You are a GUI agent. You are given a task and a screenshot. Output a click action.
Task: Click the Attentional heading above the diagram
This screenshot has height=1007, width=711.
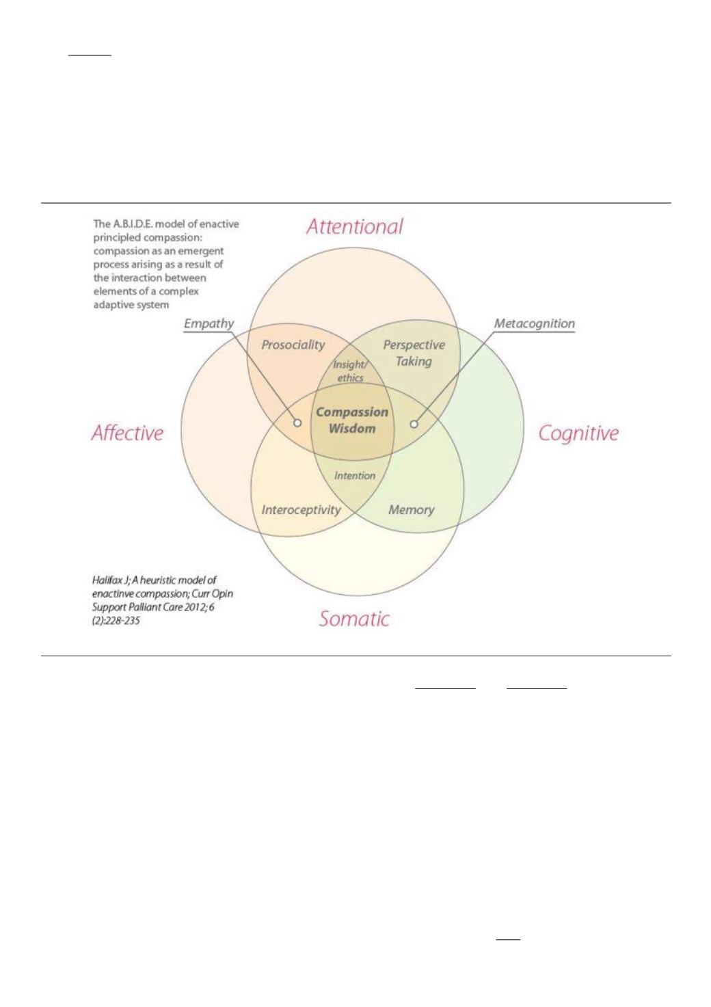click(x=355, y=226)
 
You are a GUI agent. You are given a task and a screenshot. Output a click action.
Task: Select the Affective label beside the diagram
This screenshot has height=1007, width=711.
click(x=127, y=433)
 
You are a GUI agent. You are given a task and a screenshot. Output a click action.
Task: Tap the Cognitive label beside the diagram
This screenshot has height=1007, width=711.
click(x=578, y=434)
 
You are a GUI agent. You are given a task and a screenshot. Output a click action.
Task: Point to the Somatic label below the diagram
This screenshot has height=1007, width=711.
click(x=354, y=619)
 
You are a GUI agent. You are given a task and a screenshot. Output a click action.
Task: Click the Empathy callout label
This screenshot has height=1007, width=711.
click(x=209, y=323)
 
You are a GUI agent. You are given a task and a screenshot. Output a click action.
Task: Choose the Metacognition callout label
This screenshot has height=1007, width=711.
click(x=535, y=323)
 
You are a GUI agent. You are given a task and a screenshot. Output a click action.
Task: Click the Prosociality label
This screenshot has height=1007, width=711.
click(x=293, y=345)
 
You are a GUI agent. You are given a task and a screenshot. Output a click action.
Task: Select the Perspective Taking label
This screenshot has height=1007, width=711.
click(x=414, y=353)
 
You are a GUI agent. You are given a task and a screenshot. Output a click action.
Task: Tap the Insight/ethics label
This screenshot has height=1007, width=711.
click(x=350, y=371)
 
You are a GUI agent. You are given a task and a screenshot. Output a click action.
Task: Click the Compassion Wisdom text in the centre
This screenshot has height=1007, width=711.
click(x=352, y=420)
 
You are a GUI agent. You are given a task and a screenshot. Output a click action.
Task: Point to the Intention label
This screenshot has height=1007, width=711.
click(x=355, y=476)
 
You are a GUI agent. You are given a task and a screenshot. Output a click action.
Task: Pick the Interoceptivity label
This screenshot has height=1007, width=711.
click(x=301, y=510)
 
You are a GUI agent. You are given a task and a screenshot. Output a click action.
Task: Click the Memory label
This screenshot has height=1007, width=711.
click(x=412, y=510)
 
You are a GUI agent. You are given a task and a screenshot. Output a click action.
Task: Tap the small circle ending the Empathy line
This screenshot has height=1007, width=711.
click(x=297, y=422)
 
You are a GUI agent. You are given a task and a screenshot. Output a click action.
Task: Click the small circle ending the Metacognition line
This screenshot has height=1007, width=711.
click(x=414, y=423)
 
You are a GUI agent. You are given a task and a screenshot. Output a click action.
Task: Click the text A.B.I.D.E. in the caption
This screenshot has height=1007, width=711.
click(x=131, y=224)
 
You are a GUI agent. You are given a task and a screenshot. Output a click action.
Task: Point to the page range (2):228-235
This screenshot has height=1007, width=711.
click(x=116, y=621)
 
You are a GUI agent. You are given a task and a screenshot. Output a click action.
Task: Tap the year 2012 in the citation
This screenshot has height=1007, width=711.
click(x=194, y=607)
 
